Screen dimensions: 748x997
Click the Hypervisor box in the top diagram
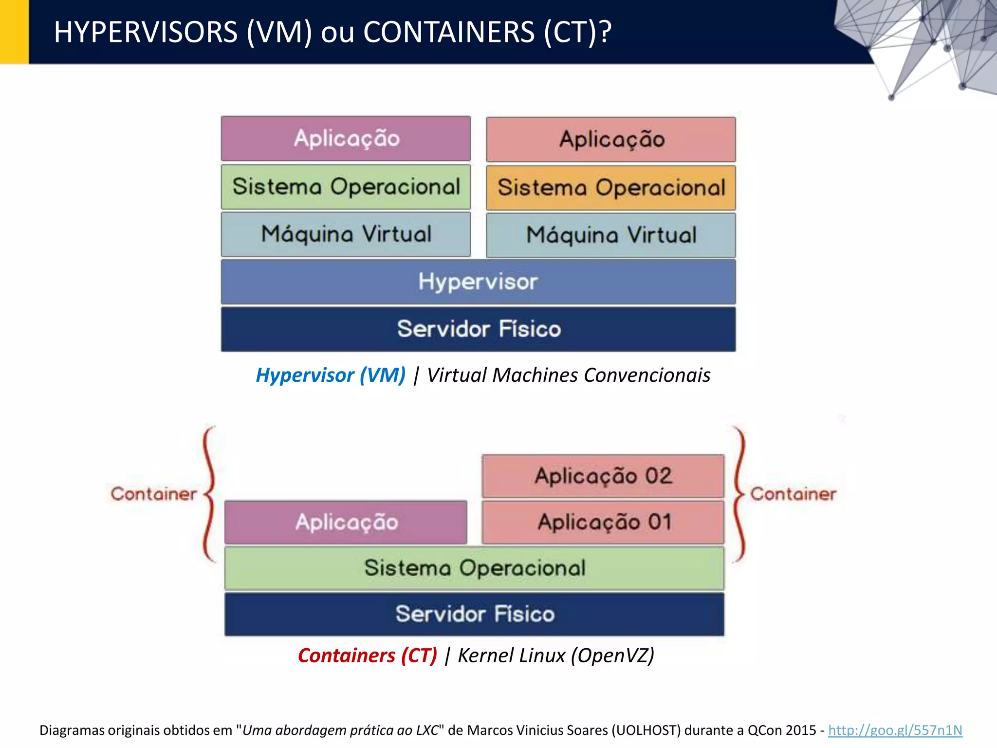(x=478, y=282)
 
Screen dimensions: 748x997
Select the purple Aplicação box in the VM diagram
(x=346, y=139)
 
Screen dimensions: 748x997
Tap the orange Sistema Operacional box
(x=611, y=188)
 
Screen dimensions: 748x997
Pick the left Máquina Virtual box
(x=346, y=234)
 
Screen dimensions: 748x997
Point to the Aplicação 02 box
(x=603, y=476)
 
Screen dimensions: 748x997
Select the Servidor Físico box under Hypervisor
(x=478, y=329)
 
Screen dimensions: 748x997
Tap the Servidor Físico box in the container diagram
(x=474, y=614)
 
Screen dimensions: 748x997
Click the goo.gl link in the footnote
(x=895, y=730)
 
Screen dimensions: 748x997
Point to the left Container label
(x=154, y=494)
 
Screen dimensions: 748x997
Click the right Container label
(x=793, y=494)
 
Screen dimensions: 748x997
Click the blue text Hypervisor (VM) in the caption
(x=331, y=375)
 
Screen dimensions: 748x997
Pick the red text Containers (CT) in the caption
(x=368, y=655)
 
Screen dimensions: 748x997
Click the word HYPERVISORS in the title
(x=146, y=32)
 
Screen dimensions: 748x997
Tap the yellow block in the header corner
(x=14, y=32)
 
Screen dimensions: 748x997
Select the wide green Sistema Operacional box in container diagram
(x=474, y=568)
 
